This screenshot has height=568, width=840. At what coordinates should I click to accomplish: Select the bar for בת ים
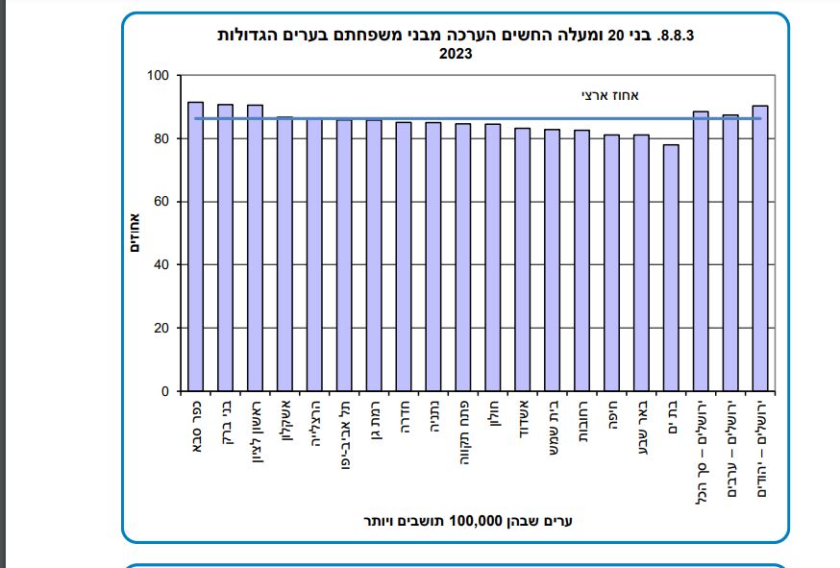tap(671, 268)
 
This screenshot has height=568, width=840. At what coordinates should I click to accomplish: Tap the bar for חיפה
tap(611, 263)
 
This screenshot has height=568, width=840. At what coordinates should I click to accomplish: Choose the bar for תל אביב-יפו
tap(344, 256)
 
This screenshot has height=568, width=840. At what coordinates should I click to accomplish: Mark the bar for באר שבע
tap(641, 263)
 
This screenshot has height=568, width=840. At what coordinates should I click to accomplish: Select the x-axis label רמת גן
tap(374, 420)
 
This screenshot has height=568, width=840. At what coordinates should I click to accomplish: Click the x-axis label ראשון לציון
tap(256, 432)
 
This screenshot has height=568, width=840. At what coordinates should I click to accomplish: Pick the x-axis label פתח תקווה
tap(463, 431)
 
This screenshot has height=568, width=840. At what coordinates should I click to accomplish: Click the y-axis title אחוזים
tap(136, 233)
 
